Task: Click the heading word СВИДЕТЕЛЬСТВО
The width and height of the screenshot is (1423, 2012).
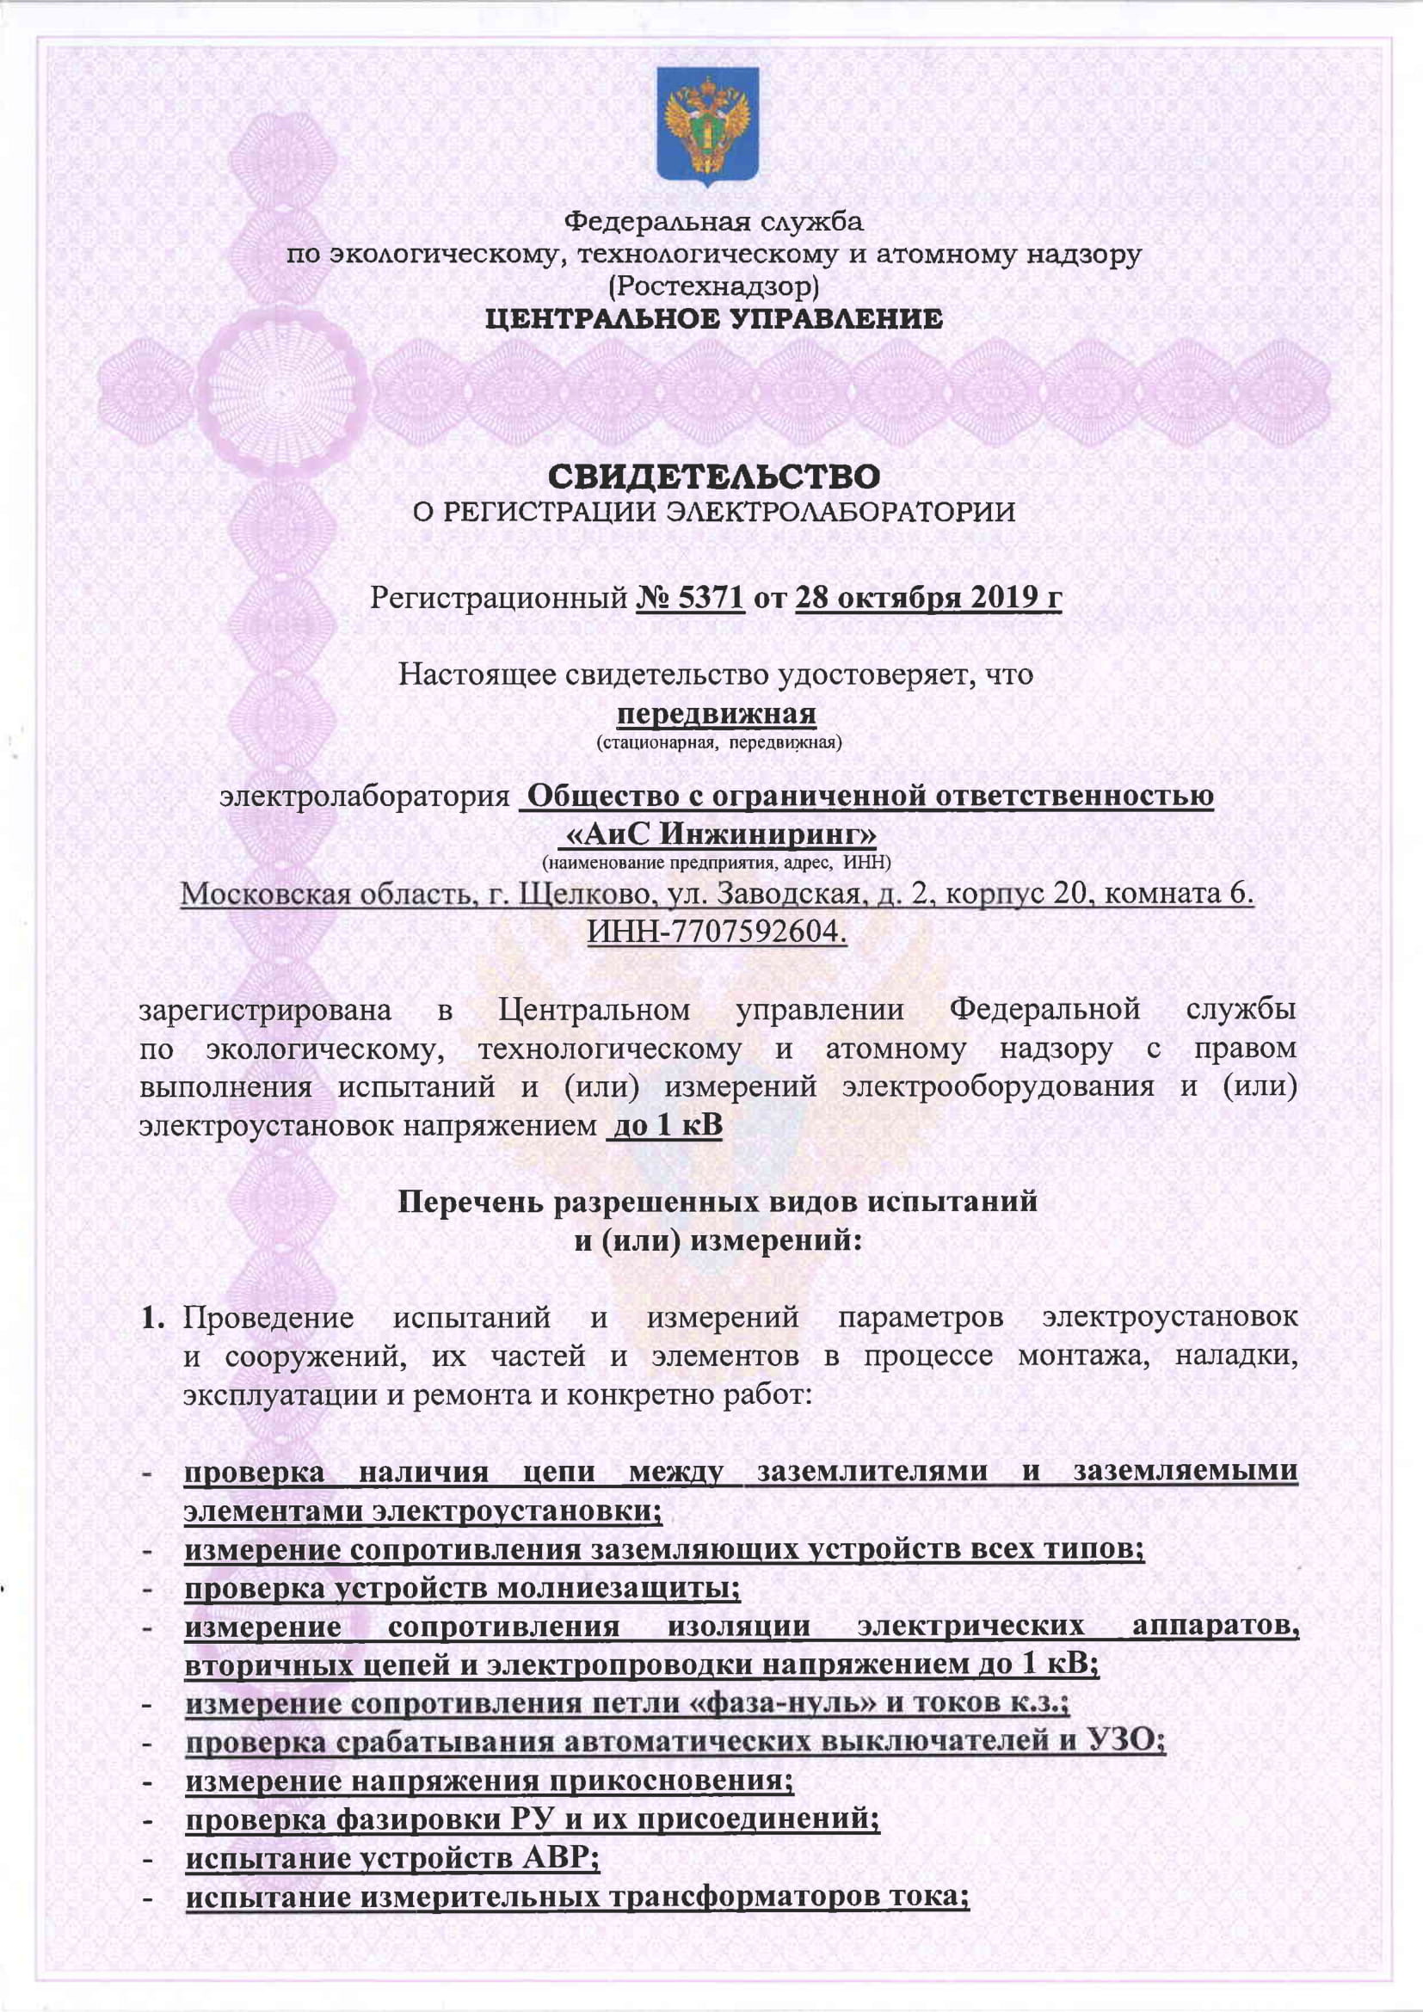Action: (x=713, y=477)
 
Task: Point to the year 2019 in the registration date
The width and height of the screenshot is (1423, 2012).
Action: (x=993, y=599)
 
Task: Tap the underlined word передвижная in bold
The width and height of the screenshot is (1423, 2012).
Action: (x=717, y=714)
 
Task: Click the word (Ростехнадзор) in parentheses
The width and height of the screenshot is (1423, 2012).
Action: (x=714, y=286)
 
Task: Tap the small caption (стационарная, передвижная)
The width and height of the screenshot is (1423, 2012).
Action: (x=718, y=744)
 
